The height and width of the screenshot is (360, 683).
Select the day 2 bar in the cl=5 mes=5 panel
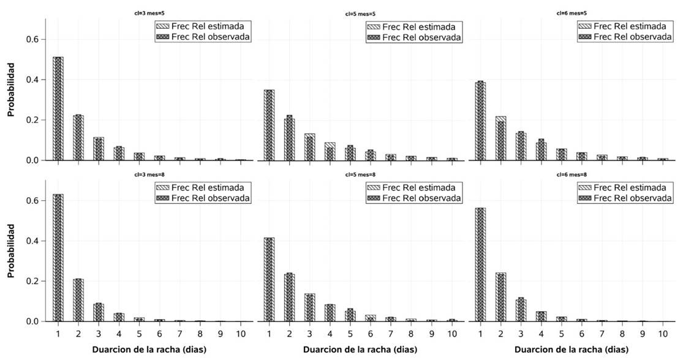[x=290, y=138]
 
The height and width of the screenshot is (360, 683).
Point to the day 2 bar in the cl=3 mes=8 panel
[x=78, y=300]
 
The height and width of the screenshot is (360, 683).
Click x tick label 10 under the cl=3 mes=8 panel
[x=241, y=334]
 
